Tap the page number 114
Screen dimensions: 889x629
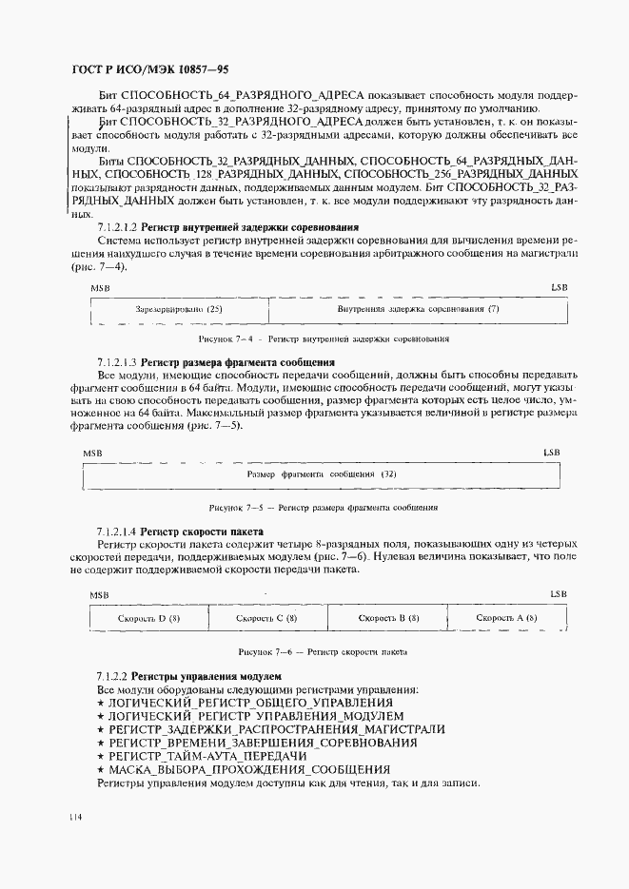[x=76, y=816]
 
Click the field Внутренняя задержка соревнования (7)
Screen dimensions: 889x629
[x=418, y=310]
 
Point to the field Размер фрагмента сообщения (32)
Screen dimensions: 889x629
[x=321, y=473]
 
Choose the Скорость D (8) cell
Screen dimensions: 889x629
[x=148, y=618]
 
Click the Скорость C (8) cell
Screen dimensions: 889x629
[x=266, y=618]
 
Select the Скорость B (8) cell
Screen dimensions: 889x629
[x=388, y=618]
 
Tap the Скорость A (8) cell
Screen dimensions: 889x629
[x=505, y=618]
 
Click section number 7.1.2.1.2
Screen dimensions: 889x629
[x=118, y=228]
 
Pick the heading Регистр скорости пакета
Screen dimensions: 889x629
[x=202, y=530]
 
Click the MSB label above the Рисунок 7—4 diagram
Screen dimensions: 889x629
[x=100, y=286]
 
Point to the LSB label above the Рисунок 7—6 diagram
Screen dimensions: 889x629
[x=558, y=593]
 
